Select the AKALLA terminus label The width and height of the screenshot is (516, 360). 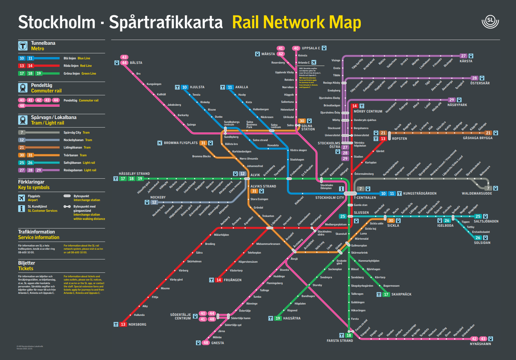(242, 87)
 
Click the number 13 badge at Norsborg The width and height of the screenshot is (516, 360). (123, 324)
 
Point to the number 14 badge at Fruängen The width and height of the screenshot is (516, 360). (219, 280)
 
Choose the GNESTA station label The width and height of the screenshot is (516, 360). (218, 343)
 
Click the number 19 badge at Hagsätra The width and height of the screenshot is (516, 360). (278, 318)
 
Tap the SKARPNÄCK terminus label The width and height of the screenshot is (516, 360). (401, 295)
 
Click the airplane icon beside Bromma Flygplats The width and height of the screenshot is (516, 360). (160, 143)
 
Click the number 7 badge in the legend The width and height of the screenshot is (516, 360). (22, 132)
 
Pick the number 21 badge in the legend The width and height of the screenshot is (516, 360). (22, 148)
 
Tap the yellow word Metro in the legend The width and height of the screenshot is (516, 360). (37, 49)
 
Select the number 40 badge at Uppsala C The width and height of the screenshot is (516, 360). (296, 48)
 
